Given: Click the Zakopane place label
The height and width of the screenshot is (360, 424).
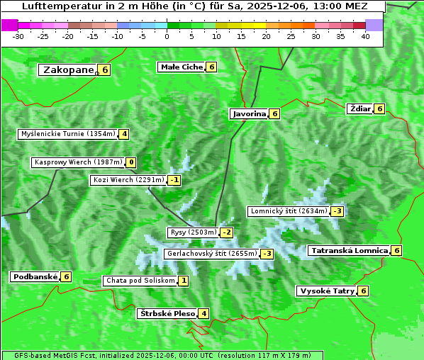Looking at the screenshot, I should click(x=69, y=69).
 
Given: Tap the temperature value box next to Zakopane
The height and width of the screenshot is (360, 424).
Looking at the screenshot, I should click(x=105, y=69).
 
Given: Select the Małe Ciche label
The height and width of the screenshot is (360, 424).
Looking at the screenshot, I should click(x=182, y=67).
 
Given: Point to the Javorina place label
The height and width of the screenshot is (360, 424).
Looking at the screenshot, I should click(x=249, y=113).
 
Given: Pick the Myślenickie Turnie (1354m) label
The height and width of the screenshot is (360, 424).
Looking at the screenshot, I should click(x=68, y=133).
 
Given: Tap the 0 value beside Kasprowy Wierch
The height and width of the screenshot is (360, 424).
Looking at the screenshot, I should click(x=131, y=162).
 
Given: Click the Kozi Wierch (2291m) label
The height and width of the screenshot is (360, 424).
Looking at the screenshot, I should click(x=128, y=180).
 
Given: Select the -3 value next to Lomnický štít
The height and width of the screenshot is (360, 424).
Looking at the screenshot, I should click(x=337, y=211).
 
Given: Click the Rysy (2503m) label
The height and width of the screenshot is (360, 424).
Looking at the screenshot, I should click(x=193, y=232).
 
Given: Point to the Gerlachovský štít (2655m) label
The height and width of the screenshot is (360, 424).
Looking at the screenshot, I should click(x=211, y=254).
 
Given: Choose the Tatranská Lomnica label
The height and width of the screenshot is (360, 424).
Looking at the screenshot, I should click(x=349, y=250).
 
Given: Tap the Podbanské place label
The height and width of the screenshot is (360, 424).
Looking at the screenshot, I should click(x=34, y=276).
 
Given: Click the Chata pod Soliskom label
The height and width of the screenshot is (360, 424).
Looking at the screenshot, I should click(x=140, y=281).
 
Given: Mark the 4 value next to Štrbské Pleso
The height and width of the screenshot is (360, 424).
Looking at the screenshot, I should click(x=203, y=313).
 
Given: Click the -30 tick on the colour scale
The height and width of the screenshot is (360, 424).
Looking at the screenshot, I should click(x=18, y=36).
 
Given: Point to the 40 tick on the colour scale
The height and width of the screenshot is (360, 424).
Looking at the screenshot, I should click(x=365, y=36).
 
